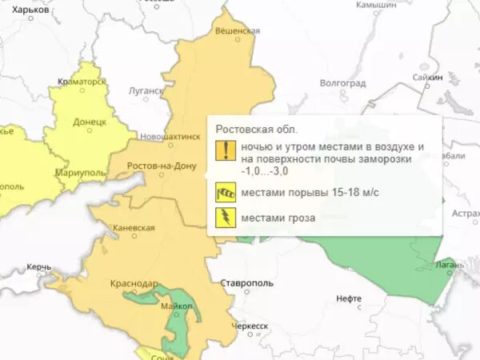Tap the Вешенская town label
pos(238,30)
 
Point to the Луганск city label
pos(146,90)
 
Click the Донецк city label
pos(90,122)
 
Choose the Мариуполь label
pos(81,173)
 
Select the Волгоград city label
pos(342,82)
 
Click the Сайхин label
pos(428,78)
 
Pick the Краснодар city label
pos(135,282)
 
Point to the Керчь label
pos(38,266)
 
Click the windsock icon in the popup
pos(224,192)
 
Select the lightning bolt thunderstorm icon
pos(224,216)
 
